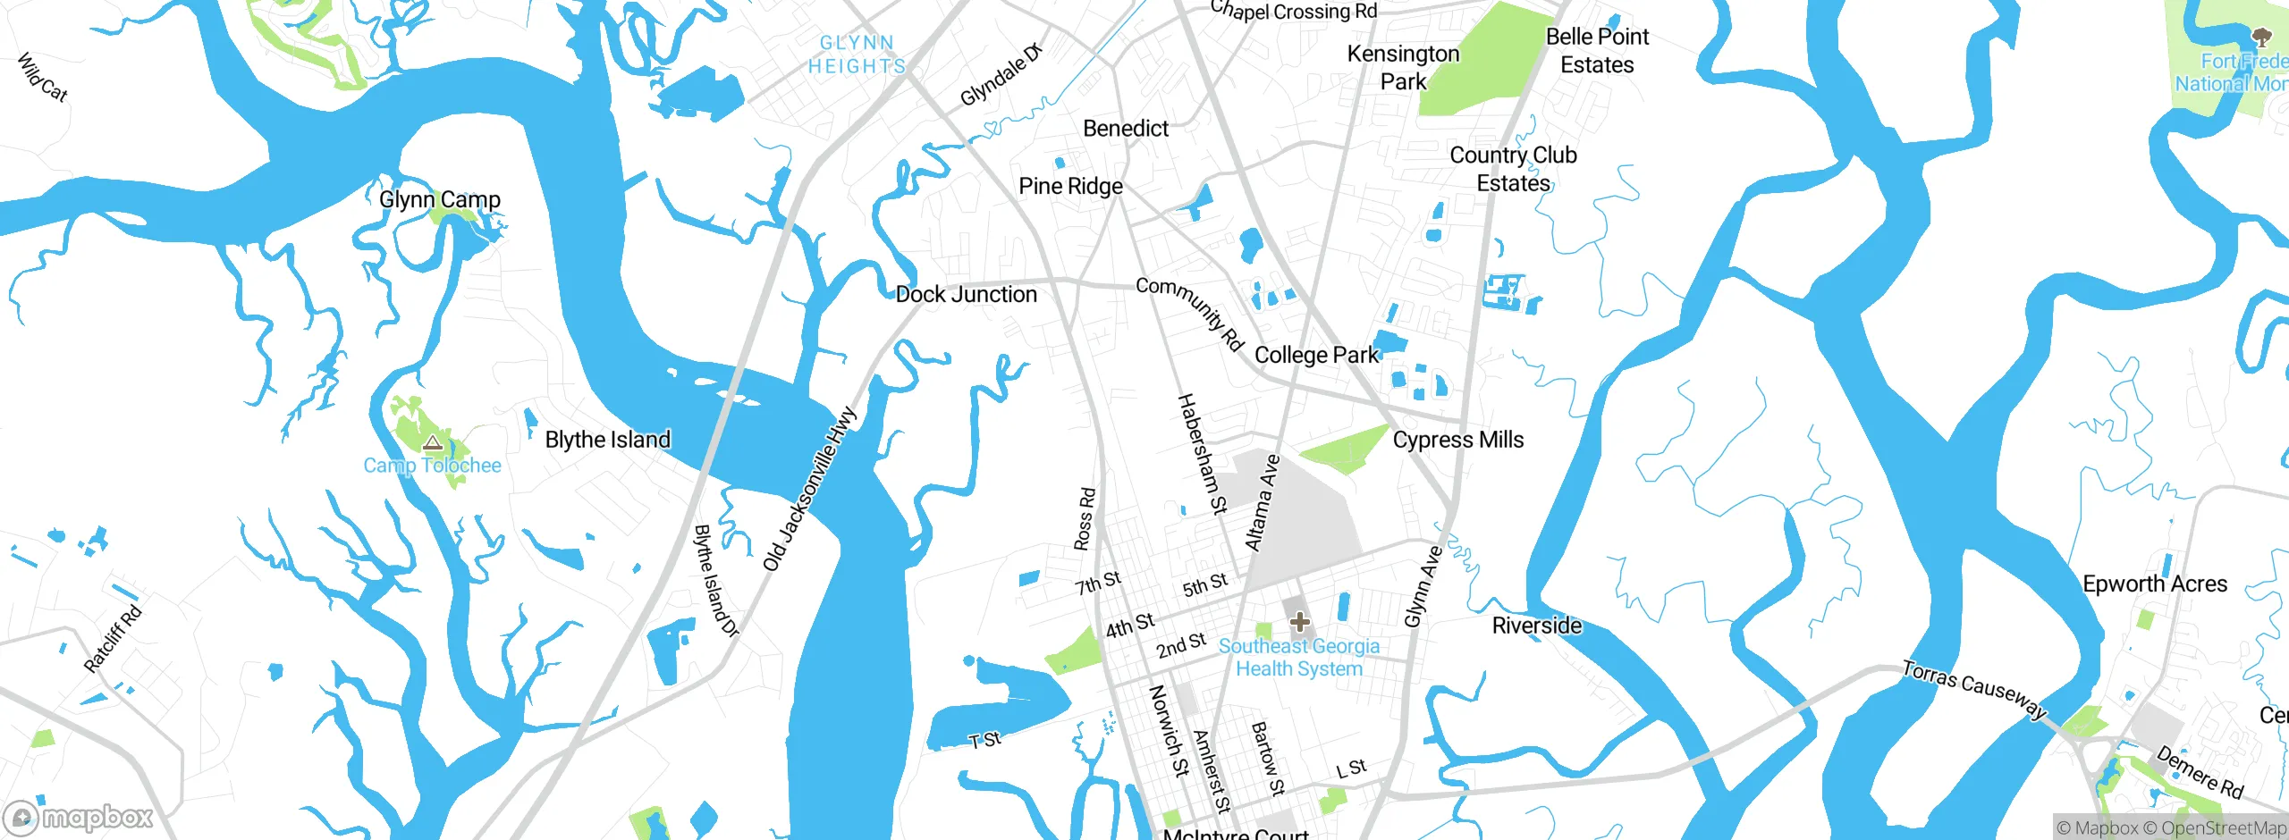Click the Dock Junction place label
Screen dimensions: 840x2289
pyautogui.click(x=966, y=294)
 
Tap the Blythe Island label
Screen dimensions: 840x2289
pyautogui.click(x=607, y=440)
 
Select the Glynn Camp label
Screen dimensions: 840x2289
pyautogui.click(x=439, y=199)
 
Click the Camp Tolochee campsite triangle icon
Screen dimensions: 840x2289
pyautogui.click(x=433, y=442)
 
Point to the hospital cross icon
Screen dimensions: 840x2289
pyautogui.click(x=1299, y=621)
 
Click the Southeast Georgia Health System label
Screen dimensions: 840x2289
pyautogui.click(x=1298, y=657)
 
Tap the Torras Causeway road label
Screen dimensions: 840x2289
pyautogui.click(x=1973, y=689)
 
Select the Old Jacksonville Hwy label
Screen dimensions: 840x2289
pyautogui.click(x=809, y=490)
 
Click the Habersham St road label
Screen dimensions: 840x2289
pyautogui.click(x=1202, y=454)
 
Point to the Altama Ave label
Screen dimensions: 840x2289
pyautogui.click(x=1263, y=503)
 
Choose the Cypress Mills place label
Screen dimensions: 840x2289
pyautogui.click(x=1457, y=440)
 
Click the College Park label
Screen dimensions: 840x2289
pyautogui.click(x=1316, y=355)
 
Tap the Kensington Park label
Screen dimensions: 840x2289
pyautogui.click(x=1403, y=67)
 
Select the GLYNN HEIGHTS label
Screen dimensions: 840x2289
pyautogui.click(x=857, y=55)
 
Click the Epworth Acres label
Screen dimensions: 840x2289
pyautogui.click(x=2155, y=584)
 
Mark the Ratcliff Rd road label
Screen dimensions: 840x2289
pyautogui.click(x=113, y=639)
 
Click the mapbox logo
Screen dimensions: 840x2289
pyautogui.click(x=79, y=817)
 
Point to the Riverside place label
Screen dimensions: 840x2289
pyautogui.click(x=1536, y=626)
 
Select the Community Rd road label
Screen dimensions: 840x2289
pyautogui.click(x=1189, y=313)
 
